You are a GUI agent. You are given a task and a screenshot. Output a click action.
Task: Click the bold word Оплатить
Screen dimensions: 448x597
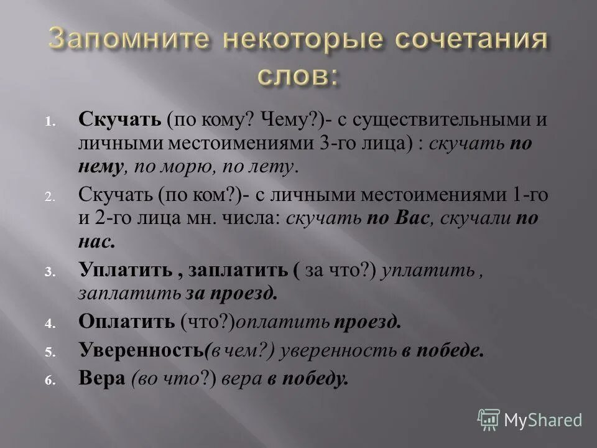coord(126,321)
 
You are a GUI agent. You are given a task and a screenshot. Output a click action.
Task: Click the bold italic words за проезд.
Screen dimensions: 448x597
coord(239,293)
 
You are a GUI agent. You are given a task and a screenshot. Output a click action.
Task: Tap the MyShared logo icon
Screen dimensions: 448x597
coord(489,419)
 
